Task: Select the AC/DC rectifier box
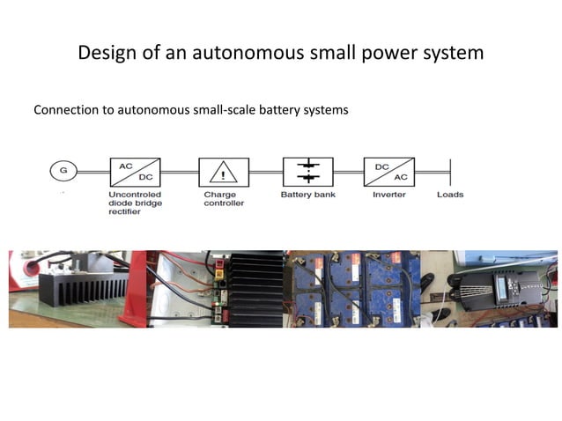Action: (135, 173)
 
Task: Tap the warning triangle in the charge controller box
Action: (223, 172)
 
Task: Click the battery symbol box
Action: (308, 172)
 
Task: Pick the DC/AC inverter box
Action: (389, 172)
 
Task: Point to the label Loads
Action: (450, 195)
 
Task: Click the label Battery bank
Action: (308, 195)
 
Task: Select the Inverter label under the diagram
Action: (389, 195)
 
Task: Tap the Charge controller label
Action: (224, 199)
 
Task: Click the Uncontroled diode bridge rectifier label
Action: (135, 203)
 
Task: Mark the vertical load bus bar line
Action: (450, 173)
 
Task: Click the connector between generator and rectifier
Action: (93, 173)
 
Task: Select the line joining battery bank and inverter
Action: (348, 173)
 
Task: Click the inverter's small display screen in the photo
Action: (502, 286)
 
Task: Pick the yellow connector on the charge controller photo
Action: (218, 276)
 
